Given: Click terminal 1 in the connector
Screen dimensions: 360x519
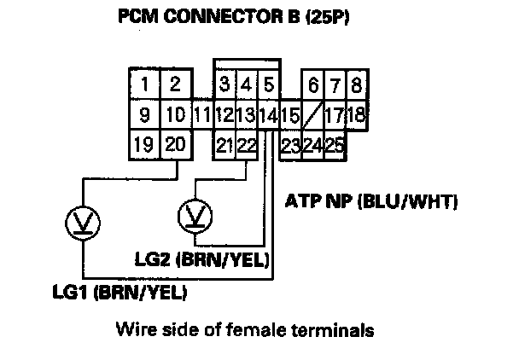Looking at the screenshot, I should click(x=146, y=84).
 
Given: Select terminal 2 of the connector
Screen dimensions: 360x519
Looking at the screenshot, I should click(x=175, y=84).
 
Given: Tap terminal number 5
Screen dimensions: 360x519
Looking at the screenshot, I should click(x=268, y=84).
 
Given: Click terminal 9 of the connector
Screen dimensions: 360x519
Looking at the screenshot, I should click(x=146, y=113).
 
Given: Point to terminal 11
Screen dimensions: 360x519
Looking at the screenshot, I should click(x=202, y=114).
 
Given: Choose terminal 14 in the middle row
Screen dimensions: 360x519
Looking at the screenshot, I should click(x=268, y=114).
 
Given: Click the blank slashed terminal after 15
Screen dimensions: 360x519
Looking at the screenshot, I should click(x=313, y=114).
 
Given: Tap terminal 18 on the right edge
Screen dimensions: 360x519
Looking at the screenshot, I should click(x=357, y=113).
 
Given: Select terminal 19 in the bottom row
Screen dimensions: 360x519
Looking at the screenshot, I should click(x=145, y=144).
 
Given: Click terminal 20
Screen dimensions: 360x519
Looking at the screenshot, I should click(x=175, y=144).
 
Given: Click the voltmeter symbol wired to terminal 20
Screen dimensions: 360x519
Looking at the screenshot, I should click(x=82, y=224).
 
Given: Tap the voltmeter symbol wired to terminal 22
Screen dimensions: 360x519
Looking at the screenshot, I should click(x=195, y=214).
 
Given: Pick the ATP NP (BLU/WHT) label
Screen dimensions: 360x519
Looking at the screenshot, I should click(x=370, y=202).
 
